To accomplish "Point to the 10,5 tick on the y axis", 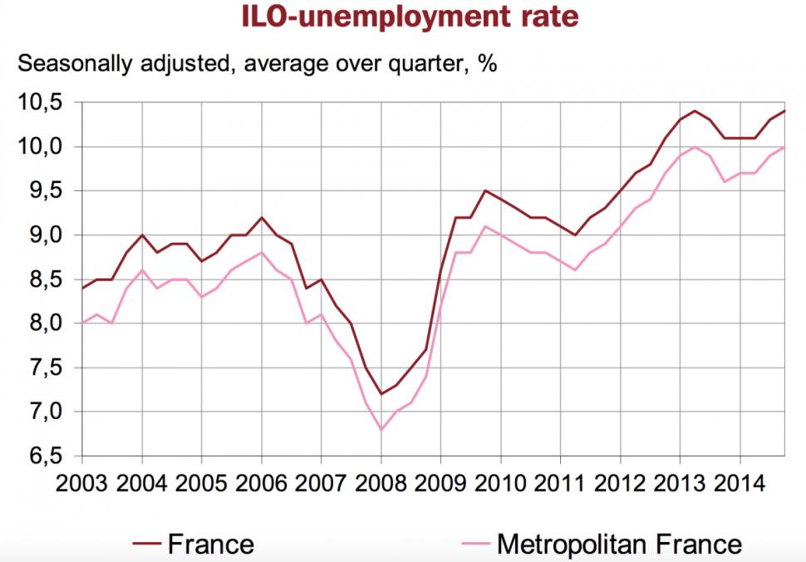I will (x=44, y=103).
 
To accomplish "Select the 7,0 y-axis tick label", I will (x=44, y=412).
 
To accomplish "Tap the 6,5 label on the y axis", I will (x=44, y=456).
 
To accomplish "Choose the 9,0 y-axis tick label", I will (x=44, y=235).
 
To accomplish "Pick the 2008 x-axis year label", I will (x=380, y=484).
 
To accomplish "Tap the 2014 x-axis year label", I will (x=739, y=484).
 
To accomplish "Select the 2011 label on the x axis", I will (x=559, y=484).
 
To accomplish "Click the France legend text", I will (x=210, y=545).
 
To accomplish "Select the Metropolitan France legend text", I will (x=618, y=545).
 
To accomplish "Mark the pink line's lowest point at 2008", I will (x=381, y=430).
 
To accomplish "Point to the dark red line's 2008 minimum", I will (x=381, y=394).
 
